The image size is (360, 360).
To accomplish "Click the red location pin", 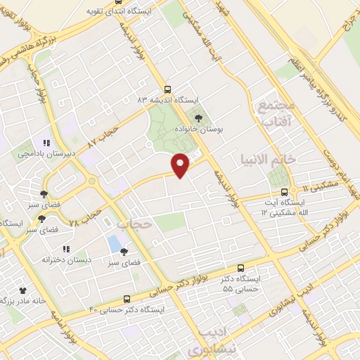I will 181,165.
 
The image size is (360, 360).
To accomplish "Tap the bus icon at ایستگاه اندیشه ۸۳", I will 167,89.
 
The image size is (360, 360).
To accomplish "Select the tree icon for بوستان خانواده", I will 197,117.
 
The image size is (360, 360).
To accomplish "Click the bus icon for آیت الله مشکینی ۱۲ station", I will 285,191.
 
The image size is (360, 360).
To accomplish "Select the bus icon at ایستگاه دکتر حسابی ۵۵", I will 241,268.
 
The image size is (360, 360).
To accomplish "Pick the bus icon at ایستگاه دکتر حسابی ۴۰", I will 127,299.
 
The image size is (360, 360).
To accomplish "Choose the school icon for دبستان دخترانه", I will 66,249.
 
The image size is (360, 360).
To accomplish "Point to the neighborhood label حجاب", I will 134,224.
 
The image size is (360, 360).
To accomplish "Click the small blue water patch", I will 114,245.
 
